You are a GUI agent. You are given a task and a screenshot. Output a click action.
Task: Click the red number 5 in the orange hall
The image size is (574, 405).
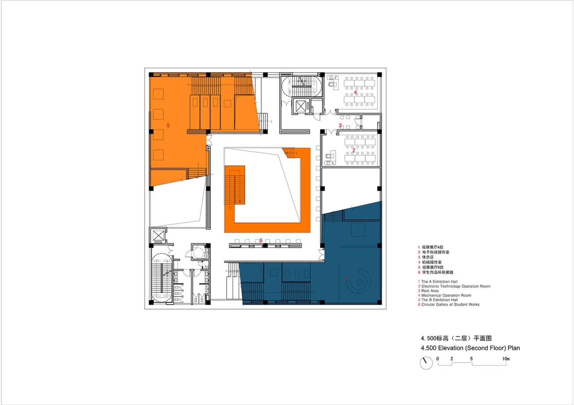(x=168, y=125)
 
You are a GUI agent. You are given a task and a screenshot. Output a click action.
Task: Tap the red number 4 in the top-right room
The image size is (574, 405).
(x=356, y=93)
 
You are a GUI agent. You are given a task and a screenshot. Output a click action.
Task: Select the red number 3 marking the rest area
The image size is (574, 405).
(x=340, y=125)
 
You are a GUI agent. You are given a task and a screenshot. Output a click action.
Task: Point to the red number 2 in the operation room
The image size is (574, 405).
(x=354, y=150)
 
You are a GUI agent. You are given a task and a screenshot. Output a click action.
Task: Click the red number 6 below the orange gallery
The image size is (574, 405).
(x=261, y=241)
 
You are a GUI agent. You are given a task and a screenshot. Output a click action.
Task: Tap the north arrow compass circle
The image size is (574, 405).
(x=426, y=363)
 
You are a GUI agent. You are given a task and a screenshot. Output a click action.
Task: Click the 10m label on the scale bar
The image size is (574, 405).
(x=506, y=359)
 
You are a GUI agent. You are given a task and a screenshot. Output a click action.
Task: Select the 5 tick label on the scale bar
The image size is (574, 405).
(x=471, y=359)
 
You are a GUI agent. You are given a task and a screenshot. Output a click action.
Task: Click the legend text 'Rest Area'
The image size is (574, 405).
(x=431, y=291)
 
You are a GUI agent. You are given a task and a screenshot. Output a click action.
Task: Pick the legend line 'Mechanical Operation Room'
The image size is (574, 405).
(x=446, y=295)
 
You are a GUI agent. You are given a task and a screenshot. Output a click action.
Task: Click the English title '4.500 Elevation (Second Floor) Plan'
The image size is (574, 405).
(x=470, y=348)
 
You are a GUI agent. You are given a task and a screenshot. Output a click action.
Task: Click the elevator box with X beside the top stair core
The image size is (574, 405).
(x=300, y=106)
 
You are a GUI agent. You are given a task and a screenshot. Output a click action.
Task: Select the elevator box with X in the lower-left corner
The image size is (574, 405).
(x=159, y=235)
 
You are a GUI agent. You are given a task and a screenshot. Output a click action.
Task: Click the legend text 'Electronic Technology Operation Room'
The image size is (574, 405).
(x=456, y=286)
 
